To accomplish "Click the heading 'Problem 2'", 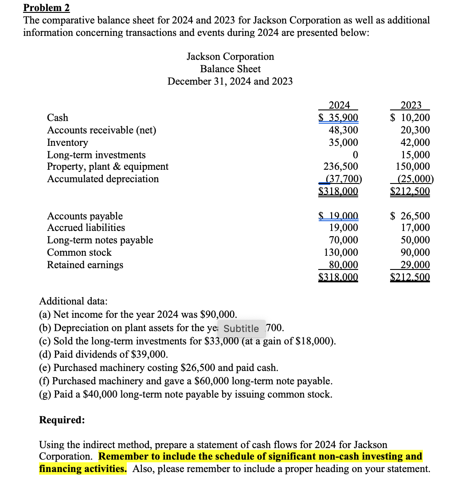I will (46, 8).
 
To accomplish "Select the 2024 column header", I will (339, 105).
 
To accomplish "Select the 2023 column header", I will (411, 105).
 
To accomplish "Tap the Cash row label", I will (58, 117).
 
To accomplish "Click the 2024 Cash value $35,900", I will (339, 118).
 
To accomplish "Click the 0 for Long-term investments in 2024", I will (354, 155).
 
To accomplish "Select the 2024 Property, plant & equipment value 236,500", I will (340, 167).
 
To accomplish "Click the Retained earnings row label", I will (85, 265).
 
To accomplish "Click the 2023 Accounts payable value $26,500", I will (410, 216).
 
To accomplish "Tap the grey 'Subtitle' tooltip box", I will (241, 328).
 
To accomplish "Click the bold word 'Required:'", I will (62, 420).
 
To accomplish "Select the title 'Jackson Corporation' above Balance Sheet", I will (230, 57).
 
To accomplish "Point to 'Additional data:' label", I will (73, 301).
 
